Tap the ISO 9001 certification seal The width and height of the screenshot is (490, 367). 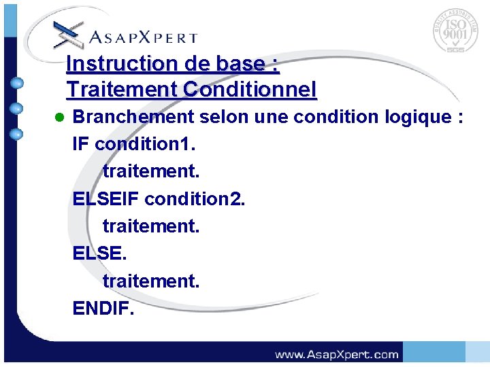[x=455, y=33]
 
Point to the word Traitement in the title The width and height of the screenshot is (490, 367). [x=120, y=89]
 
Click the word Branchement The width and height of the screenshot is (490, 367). [x=133, y=117]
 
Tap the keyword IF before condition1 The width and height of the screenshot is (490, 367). [x=81, y=144]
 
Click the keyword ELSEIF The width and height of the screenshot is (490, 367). [x=106, y=198]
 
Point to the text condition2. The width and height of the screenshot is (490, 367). [x=195, y=198]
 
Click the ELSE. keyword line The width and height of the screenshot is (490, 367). [x=99, y=253]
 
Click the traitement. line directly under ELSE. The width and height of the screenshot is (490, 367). [x=151, y=280]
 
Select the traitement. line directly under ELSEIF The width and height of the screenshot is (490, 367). [x=151, y=226]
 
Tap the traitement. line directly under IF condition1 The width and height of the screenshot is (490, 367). [x=151, y=171]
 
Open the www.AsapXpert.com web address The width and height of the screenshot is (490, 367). [x=336, y=354]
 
